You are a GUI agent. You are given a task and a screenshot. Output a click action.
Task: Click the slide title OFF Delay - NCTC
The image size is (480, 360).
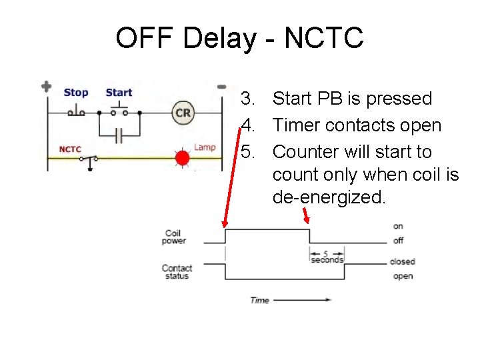click(239, 38)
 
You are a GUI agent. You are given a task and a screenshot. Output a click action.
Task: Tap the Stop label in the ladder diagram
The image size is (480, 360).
click(76, 93)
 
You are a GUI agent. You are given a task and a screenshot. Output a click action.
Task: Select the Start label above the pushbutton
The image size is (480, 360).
click(119, 93)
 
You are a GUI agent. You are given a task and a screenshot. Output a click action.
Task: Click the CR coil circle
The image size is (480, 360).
click(183, 113)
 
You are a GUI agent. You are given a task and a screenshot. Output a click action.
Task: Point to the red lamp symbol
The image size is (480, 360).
click(182, 158)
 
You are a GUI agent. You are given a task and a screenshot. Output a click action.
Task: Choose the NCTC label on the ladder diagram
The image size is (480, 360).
click(70, 149)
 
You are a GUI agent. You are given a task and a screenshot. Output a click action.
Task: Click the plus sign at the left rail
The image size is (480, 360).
click(46, 87)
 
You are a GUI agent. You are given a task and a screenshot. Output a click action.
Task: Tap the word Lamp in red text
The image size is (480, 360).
click(205, 147)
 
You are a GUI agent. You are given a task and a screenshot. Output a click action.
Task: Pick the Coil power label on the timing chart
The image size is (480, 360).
click(173, 237)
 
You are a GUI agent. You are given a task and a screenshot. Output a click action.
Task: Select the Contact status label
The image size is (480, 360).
click(176, 272)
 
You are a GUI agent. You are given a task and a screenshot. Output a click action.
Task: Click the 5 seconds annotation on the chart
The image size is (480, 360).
click(327, 257)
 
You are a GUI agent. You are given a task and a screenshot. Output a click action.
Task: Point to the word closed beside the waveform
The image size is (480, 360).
click(402, 261)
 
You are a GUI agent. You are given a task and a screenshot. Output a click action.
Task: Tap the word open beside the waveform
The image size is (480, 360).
click(403, 276)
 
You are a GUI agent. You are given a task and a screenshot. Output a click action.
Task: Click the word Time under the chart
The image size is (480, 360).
click(259, 300)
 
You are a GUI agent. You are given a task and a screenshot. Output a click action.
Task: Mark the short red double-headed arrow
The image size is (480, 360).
click(307, 217)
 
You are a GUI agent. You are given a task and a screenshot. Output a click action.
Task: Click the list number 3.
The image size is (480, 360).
click(248, 99)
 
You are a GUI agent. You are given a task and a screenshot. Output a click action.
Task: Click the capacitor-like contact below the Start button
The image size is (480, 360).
click(119, 135)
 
